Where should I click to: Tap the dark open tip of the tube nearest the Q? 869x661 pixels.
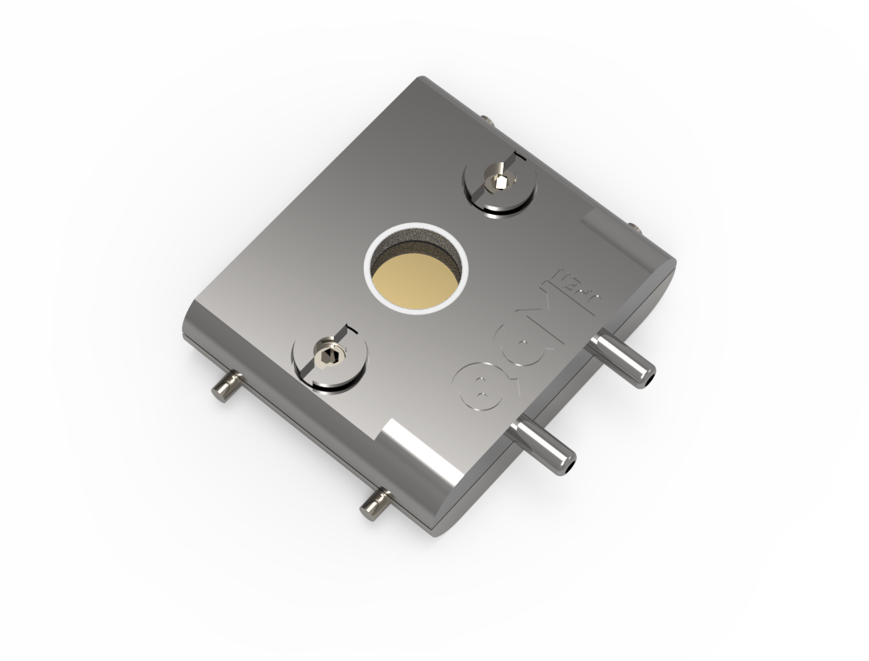569,465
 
